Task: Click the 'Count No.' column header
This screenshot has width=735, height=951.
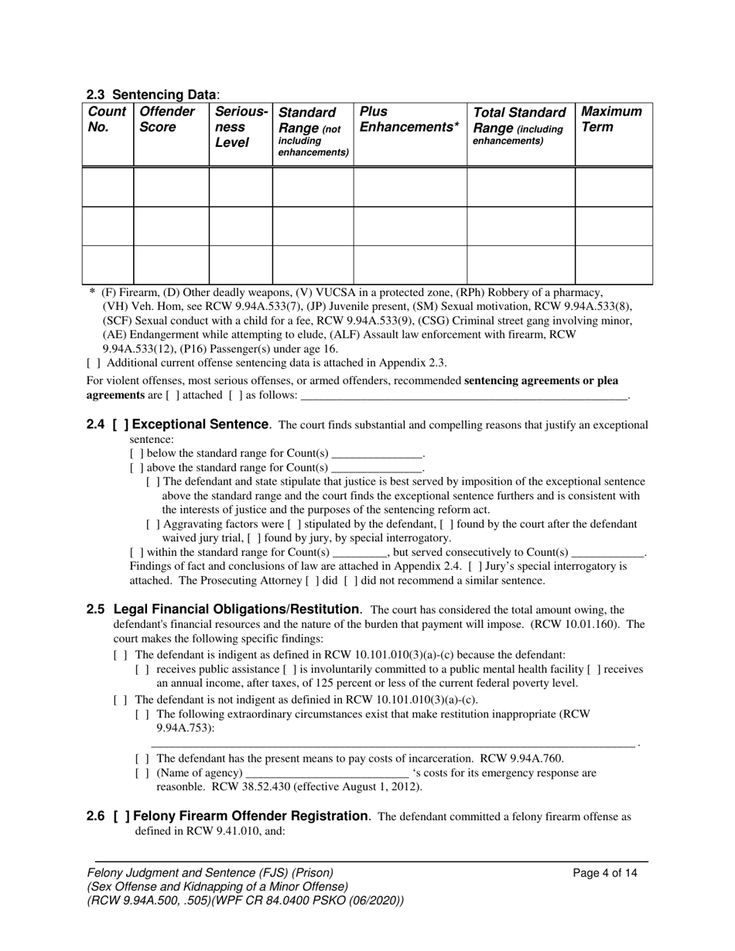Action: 107,119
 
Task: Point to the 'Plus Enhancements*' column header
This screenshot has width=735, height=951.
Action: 409,119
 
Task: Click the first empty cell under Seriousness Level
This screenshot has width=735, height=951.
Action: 240,186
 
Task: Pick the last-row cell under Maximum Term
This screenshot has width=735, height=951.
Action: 614,265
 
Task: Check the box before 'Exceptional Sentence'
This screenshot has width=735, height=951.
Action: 120,424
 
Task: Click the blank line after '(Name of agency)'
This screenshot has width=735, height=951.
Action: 326,772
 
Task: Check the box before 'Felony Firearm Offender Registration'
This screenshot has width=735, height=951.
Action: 120,816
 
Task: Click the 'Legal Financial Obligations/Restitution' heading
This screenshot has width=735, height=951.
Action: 236,609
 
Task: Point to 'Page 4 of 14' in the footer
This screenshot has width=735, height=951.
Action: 605,873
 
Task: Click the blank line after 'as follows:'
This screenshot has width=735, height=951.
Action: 464,395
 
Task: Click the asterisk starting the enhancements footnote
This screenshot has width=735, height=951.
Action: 92,292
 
